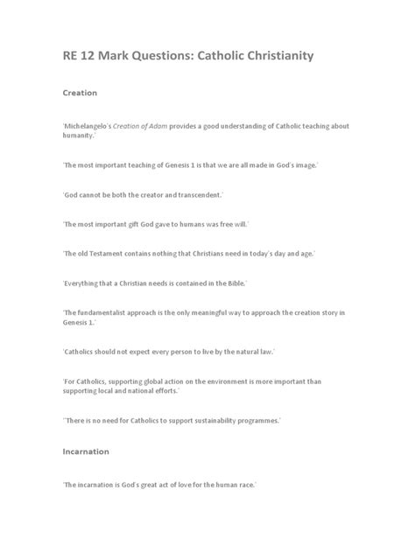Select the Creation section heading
coord(79,92)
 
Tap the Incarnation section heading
coord(85,451)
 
